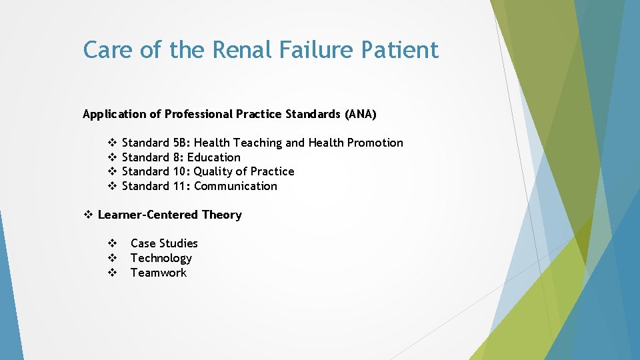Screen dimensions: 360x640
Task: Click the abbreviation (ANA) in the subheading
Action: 361,114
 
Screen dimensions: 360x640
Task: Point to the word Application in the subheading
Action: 113,114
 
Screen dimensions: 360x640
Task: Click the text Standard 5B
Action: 155,143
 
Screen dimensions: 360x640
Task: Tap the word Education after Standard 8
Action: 213,157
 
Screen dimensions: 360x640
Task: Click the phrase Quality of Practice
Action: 244,171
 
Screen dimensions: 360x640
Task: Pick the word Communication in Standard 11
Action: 235,186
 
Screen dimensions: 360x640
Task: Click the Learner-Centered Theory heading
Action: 169,215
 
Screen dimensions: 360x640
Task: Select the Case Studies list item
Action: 164,243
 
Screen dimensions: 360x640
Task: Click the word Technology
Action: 161,258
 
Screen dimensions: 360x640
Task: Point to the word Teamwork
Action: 159,273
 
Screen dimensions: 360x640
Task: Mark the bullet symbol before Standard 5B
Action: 113,143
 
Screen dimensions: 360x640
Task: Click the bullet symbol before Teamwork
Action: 113,273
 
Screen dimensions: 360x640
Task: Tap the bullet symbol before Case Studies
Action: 113,243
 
